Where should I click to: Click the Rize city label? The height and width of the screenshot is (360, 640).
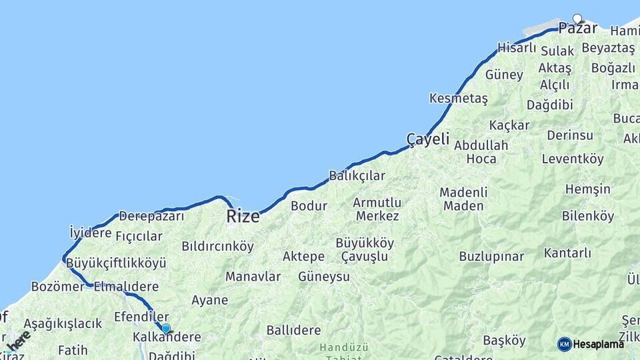point(243,216)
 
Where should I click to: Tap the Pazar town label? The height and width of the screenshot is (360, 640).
point(577,29)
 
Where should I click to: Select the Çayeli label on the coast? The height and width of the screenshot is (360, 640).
point(428,140)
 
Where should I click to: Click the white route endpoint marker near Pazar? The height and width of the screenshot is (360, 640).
point(577,19)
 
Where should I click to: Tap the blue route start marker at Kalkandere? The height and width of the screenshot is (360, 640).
point(166,329)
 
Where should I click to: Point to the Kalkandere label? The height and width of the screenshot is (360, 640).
point(167,337)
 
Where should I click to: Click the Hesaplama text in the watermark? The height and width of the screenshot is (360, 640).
point(599,344)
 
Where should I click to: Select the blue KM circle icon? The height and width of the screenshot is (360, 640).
point(565,344)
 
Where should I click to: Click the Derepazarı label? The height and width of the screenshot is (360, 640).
point(151,216)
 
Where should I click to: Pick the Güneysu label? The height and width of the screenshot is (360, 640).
point(324,276)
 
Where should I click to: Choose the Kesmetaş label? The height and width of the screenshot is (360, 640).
point(459,99)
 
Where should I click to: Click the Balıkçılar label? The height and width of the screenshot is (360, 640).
point(357,176)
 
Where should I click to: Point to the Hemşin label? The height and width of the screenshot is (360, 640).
point(587,189)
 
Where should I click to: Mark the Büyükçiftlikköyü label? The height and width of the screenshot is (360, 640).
point(116,263)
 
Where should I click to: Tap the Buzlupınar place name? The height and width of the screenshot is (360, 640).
point(491,257)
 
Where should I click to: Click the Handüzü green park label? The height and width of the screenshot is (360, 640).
point(343,347)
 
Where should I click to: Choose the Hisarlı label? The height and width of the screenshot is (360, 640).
point(517,48)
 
